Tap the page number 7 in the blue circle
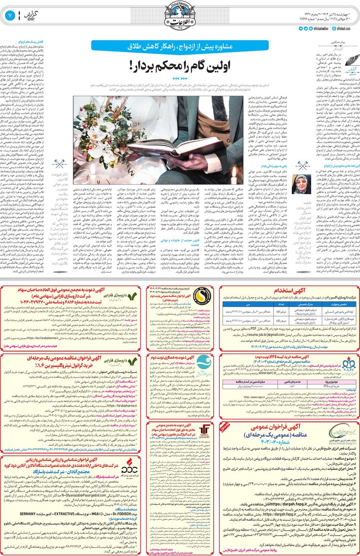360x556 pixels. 10,15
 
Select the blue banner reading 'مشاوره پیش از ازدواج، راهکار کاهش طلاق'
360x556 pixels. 180,46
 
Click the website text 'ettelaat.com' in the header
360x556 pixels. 344,29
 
